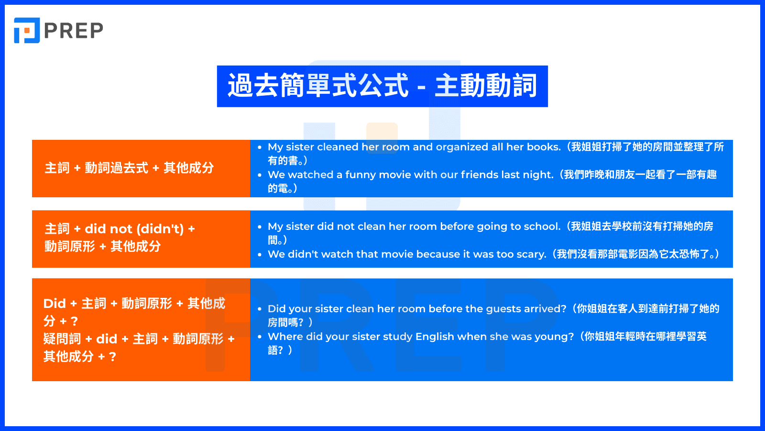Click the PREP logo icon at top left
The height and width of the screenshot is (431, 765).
27,31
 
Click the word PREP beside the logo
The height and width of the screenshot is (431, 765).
74,31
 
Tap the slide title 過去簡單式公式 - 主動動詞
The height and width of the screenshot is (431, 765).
382,86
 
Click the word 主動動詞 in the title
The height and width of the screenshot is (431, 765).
486,86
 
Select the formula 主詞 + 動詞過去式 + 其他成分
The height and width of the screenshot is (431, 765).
129,168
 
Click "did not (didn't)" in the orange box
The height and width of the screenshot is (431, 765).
134,229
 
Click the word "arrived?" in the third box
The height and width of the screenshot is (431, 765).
545,309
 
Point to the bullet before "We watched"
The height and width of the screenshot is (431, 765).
260,175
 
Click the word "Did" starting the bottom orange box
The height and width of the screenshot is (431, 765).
55,304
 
